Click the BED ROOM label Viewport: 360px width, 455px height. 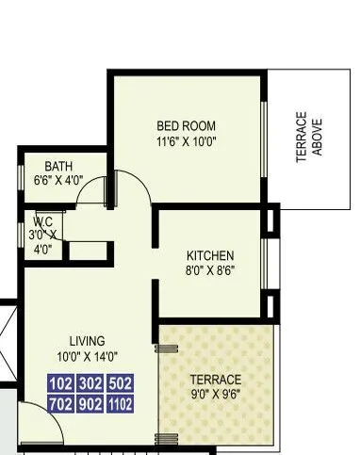[x=186, y=126]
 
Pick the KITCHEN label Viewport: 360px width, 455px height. [x=210, y=255]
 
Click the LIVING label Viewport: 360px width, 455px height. [x=87, y=340]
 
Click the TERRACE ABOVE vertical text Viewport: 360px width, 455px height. [x=309, y=138]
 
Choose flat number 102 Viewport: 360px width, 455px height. [x=62, y=383]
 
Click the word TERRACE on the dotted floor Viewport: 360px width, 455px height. [x=216, y=379]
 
